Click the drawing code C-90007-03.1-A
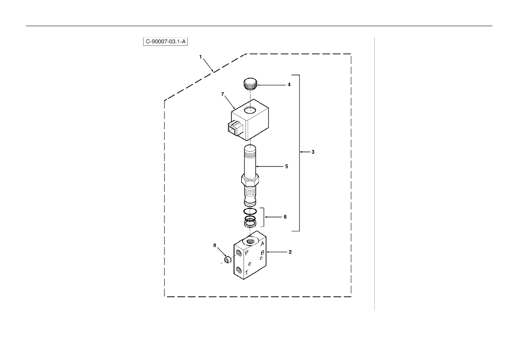tap(165, 41)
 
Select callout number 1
tap(200, 57)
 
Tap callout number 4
tap(289, 85)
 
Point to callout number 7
tap(222, 94)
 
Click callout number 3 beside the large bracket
tap(313, 152)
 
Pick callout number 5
tap(287, 166)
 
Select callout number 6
tap(285, 217)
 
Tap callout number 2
tap(290, 252)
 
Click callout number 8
tap(215, 245)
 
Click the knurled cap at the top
tap(250, 84)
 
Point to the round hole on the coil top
tap(250, 110)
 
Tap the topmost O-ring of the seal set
tap(250, 211)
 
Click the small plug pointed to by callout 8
tap(228, 260)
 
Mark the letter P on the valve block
tap(247, 253)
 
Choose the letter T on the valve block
tap(246, 272)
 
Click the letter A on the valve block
tap(262, 244)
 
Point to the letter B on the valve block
tap(263, 253)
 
